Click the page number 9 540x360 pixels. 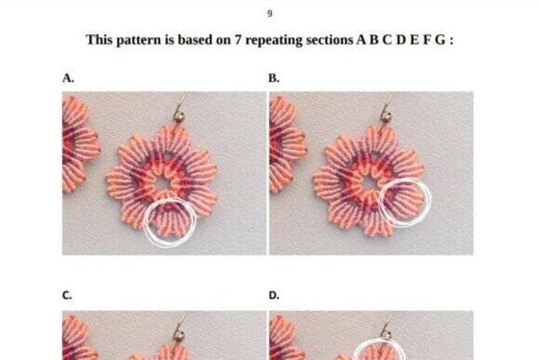pyautogui.click(x=270, y=13)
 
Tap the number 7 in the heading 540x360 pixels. pyautogui.click(x=238, y=40)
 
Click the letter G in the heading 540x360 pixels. pyautogui.click(x=439, y=40)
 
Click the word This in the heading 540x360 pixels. pyautogui.click(x=100, y=40)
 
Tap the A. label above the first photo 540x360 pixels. pyautogui.click(x=67, y=78)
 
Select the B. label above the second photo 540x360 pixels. pyautogui.click(x=274, y=78)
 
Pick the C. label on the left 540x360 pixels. pyautogui.click(x=67, y=295)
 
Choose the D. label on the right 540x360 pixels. pyautogui.click(x=274, y=295)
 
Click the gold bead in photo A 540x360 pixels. pyautogui.click(x=179, y=116)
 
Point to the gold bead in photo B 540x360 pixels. pyautogui.click(x=386, y=116)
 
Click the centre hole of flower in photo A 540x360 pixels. pyautogui.click(x=162, y=183)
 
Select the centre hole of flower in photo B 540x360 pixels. pyautogui.click(x=369, y=183)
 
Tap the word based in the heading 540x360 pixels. pyautogui.click(x=194, y=40)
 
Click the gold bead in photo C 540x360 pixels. pyautogui.click(x=179, y=335)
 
